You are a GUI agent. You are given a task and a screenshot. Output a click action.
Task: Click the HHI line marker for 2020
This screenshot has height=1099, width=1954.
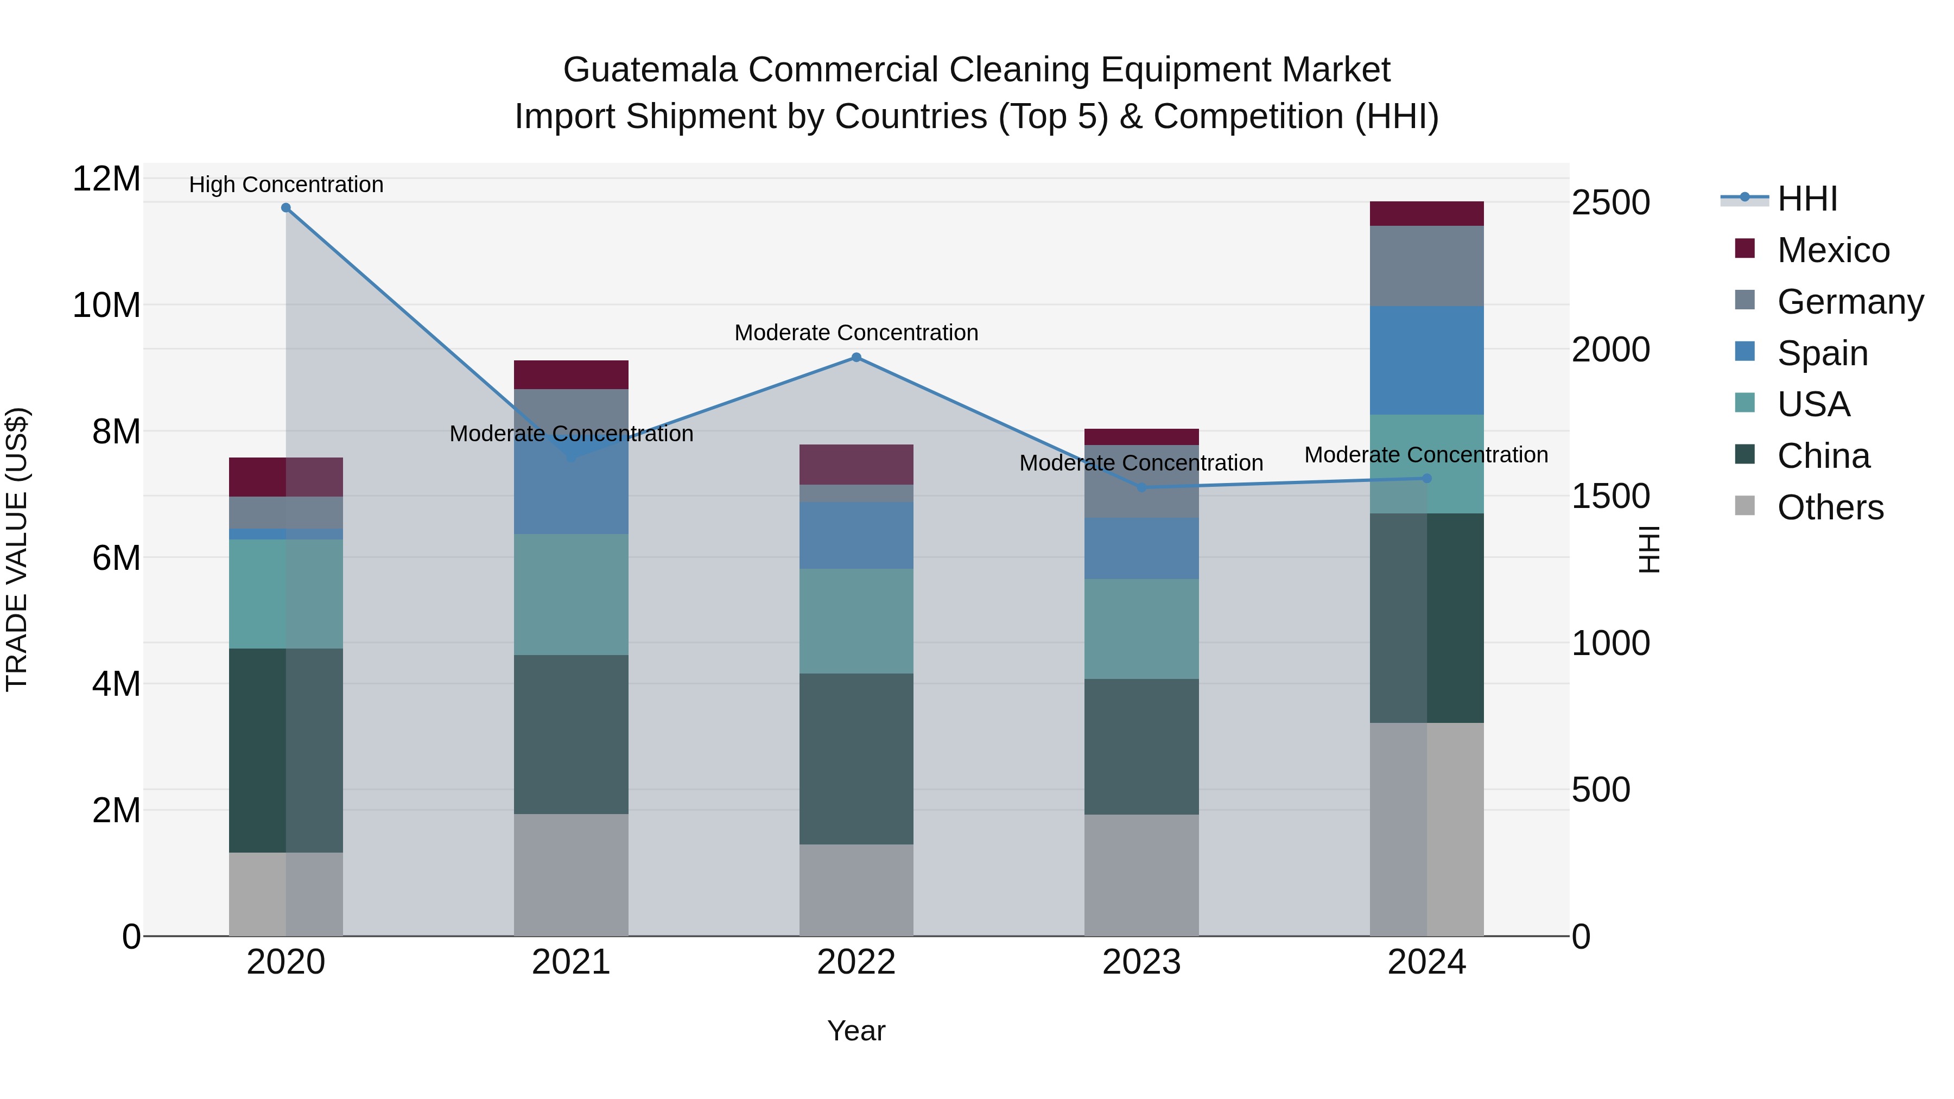pos(286,208)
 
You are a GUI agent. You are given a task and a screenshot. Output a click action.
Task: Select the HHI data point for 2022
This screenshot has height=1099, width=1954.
pos(857,357)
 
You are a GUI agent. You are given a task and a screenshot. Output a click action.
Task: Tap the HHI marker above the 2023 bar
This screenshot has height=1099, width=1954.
pos(1141,488)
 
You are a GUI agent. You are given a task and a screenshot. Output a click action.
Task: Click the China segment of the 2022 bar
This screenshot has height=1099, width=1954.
pos(857,759)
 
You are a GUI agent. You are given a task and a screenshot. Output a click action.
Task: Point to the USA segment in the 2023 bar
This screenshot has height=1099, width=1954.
pos(1141,629)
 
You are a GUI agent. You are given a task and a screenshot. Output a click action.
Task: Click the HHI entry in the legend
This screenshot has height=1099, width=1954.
pos(1807,199)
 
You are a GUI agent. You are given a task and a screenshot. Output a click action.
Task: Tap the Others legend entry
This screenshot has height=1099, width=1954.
pos(1830,507)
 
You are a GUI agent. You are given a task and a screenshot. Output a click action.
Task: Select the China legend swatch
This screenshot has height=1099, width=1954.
pos(1744,455)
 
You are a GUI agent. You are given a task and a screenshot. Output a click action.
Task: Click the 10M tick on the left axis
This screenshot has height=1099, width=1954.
pos(106,306)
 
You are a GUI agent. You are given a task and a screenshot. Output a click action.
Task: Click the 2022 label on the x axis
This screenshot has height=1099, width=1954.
pos(857,962)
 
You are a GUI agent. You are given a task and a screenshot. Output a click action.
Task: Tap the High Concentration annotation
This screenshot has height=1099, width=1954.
pos(286,185)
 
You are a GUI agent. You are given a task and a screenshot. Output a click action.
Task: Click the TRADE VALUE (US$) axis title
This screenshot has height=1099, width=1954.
pos(17,549)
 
